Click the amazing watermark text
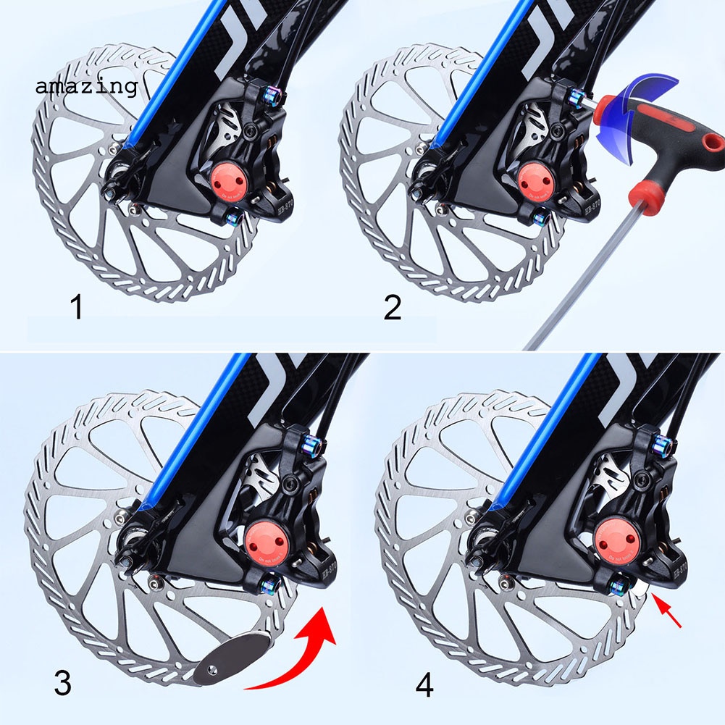[x=85, y=87]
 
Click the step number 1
[x=76, y=308]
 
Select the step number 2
[x=392, y=308]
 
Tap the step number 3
[x=64, y=684]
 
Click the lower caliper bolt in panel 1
[x=235, y=215]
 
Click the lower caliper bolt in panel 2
[x=541, y=215]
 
